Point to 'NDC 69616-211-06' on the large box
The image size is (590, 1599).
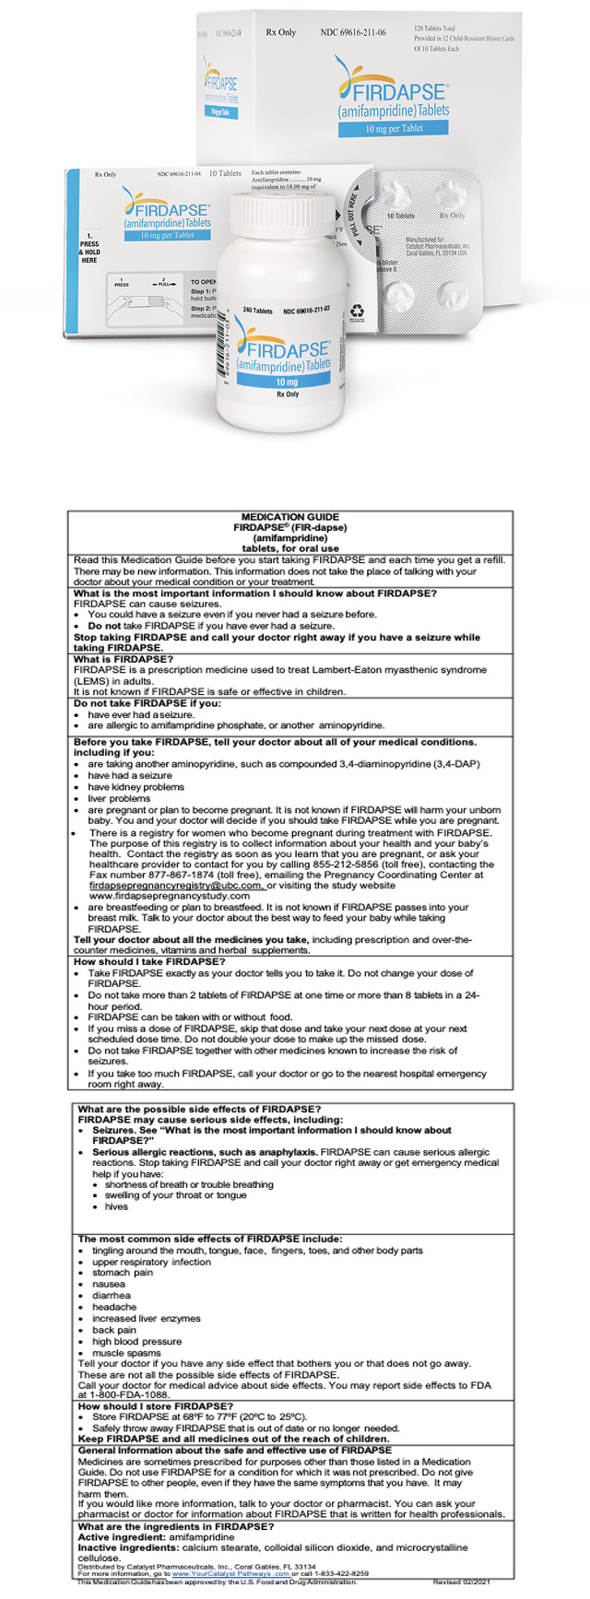point(353,33)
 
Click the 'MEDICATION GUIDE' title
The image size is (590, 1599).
point(289,517)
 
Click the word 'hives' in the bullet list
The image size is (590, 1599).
point(116,1206)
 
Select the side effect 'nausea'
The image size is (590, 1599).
point(108,1284)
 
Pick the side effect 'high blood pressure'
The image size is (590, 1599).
point(136,1342)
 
